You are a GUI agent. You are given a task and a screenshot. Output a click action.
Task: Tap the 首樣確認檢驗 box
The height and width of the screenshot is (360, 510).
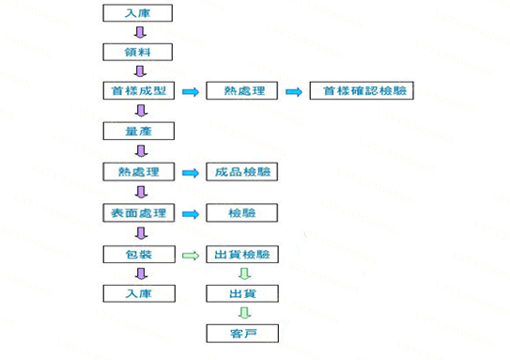[361, 91]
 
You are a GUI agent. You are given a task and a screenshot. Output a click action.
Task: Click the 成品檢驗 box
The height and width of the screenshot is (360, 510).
[242, 172]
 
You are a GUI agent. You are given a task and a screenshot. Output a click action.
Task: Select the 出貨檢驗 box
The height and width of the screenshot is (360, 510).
[242, 254]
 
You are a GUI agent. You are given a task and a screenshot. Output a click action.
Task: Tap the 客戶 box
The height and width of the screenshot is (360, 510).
[242, 333]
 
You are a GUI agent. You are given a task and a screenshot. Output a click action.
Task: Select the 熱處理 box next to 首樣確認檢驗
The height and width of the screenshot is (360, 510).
[242, 91]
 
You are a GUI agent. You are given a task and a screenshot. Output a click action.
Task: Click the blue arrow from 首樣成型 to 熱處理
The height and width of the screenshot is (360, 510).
[191, 91]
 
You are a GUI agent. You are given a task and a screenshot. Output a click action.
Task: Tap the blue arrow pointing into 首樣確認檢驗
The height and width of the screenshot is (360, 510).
[294, 91]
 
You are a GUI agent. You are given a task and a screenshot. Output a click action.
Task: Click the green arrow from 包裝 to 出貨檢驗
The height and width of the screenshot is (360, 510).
[191, 254]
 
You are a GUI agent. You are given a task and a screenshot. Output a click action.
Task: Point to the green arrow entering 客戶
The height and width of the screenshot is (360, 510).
[242, 313]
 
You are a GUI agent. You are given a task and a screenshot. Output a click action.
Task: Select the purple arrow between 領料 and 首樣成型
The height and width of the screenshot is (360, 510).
[138, 71]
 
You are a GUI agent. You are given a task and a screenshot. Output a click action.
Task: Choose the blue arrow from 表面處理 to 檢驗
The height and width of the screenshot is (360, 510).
[191, 213]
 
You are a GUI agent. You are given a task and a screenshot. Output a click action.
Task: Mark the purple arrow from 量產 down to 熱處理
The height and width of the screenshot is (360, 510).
[138, 151]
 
